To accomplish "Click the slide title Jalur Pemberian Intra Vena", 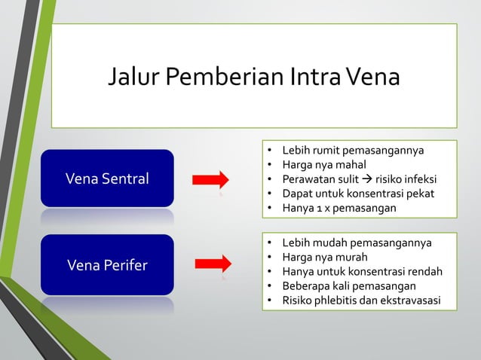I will (253, 77).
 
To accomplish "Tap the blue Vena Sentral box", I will (107, 178).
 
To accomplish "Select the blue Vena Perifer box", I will (107, 265).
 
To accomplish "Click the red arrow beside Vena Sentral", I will (210, 179).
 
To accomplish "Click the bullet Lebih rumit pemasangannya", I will (352, 150).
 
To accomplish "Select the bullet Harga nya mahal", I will (323, 164).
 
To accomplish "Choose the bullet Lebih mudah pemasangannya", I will (356, 243).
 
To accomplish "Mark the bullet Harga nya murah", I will (323, 258).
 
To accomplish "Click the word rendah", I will (424, 272).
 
